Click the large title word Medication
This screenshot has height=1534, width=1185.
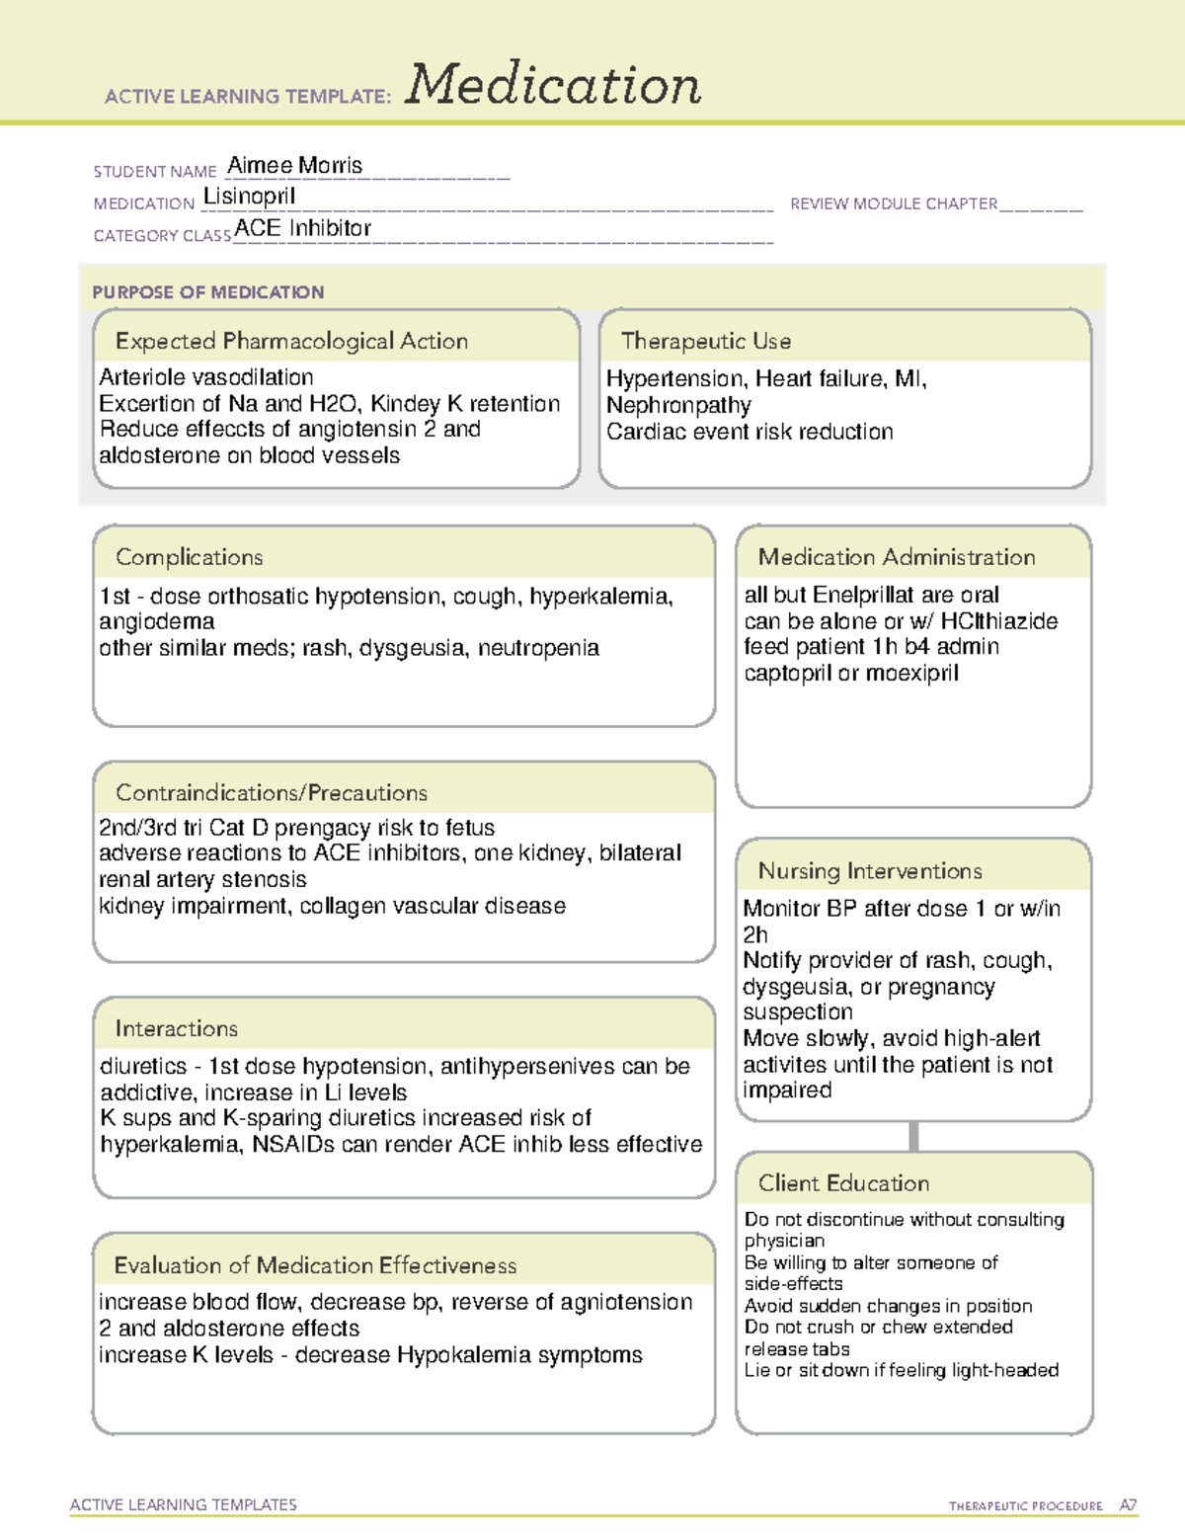[x=553, y=85]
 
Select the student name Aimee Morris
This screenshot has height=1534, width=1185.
[x=294, y=165]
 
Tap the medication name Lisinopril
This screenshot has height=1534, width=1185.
[x=249, y=197]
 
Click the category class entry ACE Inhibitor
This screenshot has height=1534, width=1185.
[x=302, y=228]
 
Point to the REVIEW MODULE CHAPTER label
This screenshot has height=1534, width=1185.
[x=894, y=203]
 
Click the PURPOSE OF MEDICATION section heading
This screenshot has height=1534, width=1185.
[x=208, y=292]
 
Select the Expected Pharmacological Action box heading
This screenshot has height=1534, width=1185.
[x=291, y=341]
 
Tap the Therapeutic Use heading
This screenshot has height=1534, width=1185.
[x=705, y=341]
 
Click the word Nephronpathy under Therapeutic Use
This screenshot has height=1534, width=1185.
[x=678, y=405]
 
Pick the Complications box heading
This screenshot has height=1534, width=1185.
[x=190, y=557]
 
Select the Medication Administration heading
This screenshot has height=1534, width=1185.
[x=896, y=557]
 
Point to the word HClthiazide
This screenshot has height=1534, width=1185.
[x=998, y=621]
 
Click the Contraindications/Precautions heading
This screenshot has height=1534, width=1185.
[x=272, y=792]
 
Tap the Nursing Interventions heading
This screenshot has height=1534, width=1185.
[x=870, y=870]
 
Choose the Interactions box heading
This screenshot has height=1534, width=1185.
[x=177, y=1028]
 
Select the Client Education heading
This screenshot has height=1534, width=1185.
[x=843, y=1182]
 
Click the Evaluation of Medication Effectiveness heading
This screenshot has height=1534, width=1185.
[x=315, y=1265]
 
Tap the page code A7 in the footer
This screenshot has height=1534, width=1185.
[x=1128, y=1505]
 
